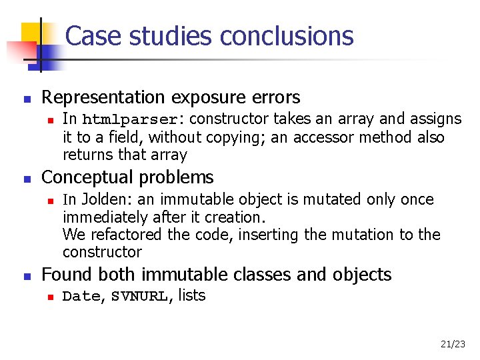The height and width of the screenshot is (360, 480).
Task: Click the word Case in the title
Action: click(89, 36)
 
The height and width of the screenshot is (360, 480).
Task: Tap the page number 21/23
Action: click(453, 344)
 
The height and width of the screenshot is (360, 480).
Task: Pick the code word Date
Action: click(81, 297)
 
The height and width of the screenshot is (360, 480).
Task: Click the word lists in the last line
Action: click(192, 296)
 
